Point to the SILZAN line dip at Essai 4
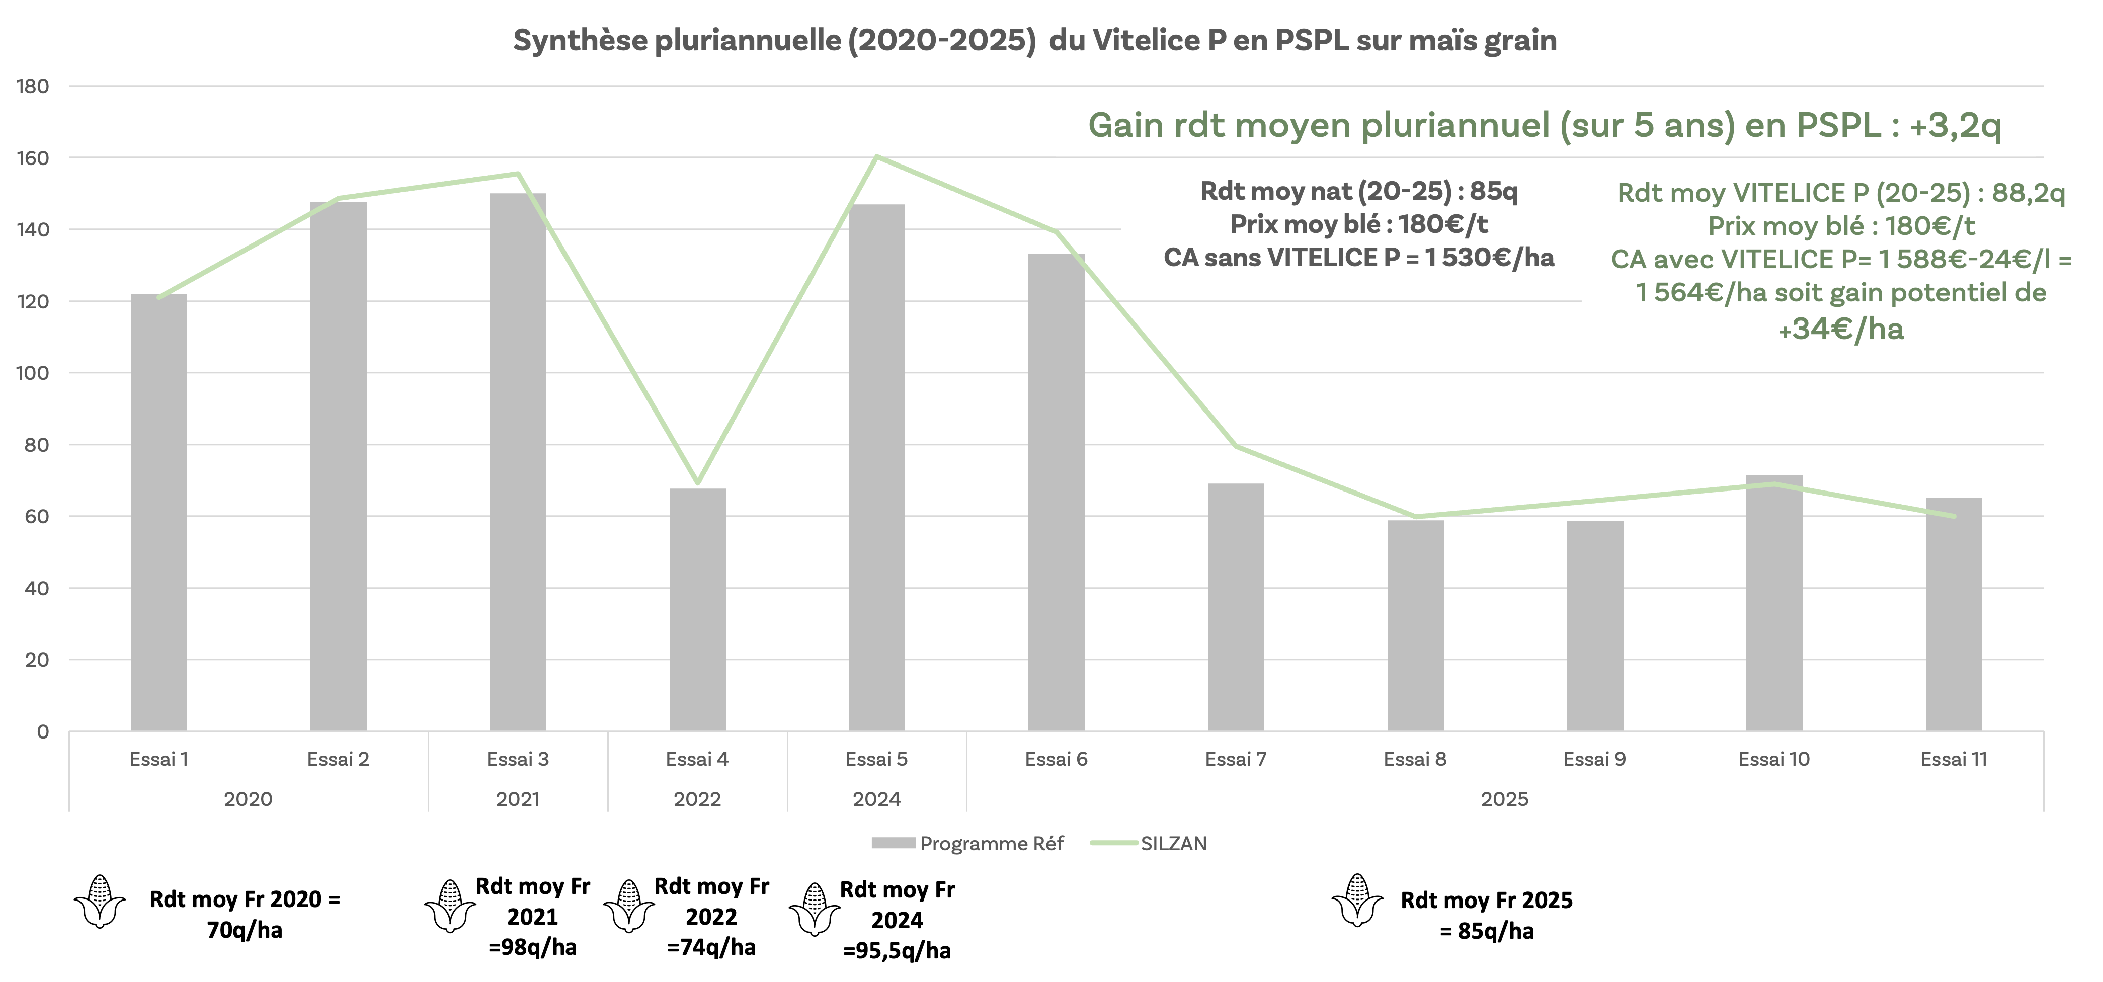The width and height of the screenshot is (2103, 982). [x=697, y=483]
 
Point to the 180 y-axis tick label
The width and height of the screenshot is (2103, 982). [x=33, y=87]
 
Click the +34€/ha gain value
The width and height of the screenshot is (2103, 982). [x=1841, y=329]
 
